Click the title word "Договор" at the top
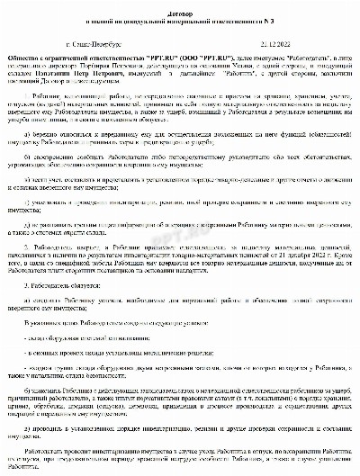[x=180, y=5]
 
